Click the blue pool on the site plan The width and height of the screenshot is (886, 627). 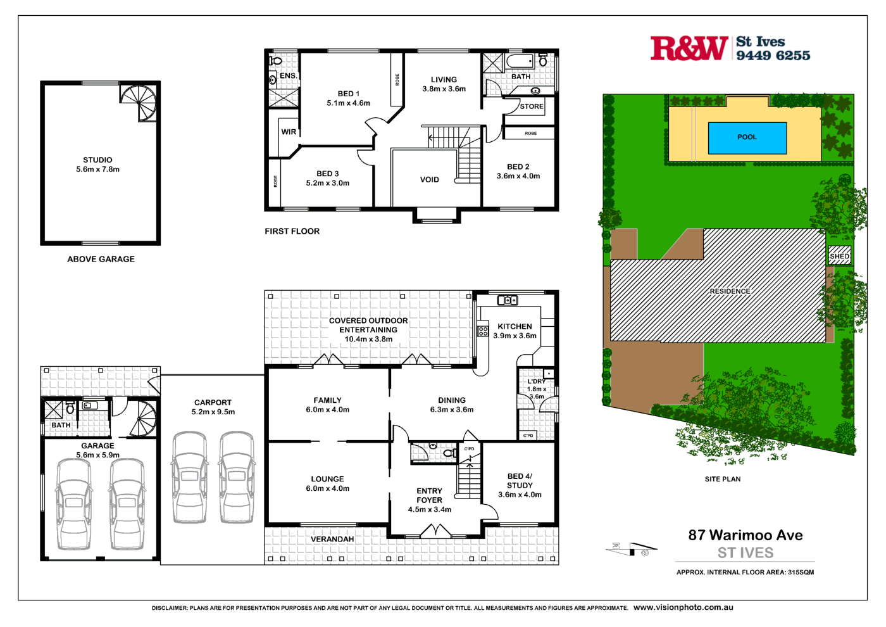(747, 137)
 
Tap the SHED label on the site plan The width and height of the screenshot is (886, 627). (839, 256)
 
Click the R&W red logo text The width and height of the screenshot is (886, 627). (689, 49)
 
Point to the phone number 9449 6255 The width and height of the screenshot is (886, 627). (773, 56)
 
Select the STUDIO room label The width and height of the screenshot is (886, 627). (97, 160)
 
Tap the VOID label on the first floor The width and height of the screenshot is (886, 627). (429, 180)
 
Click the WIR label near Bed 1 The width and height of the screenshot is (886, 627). (289, 132)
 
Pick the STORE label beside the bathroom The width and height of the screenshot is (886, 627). (531, 106)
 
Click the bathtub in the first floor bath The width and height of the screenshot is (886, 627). (520, 61)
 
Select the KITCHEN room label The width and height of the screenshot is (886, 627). (515, 327)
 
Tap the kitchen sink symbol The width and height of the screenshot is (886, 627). (508, 300)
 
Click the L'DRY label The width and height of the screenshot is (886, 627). (536, 382)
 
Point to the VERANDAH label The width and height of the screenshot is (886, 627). (332, 540)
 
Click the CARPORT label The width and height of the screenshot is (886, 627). (213, 403)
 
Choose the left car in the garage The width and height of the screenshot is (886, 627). (74, 503)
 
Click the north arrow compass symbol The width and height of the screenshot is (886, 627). (631, 548)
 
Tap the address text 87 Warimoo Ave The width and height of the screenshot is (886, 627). (745, 535)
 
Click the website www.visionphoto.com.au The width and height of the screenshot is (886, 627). (683, 607)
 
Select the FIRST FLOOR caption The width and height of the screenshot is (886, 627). (292, 231)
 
